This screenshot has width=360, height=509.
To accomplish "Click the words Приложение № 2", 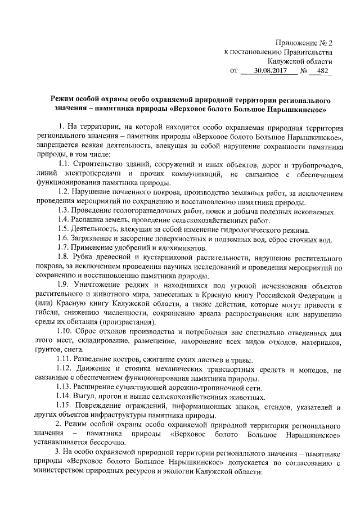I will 304,42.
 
